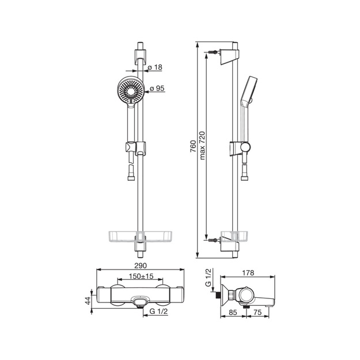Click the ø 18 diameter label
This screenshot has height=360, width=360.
[x=155, y=67]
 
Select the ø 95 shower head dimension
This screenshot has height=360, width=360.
[x=157, y=88]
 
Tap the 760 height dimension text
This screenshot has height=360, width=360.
[x=194, y=146]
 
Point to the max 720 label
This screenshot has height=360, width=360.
[x=202, y=145]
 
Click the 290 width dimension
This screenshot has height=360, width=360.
[x=141, y=266]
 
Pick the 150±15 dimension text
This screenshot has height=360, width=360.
[x=141, y=276]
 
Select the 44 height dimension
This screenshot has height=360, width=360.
[x=88, y=301]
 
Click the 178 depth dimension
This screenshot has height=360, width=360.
[x=248, y=272]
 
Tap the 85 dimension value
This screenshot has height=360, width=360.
[x=233, y=312]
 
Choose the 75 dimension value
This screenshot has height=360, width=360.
[x=257, y=312]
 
